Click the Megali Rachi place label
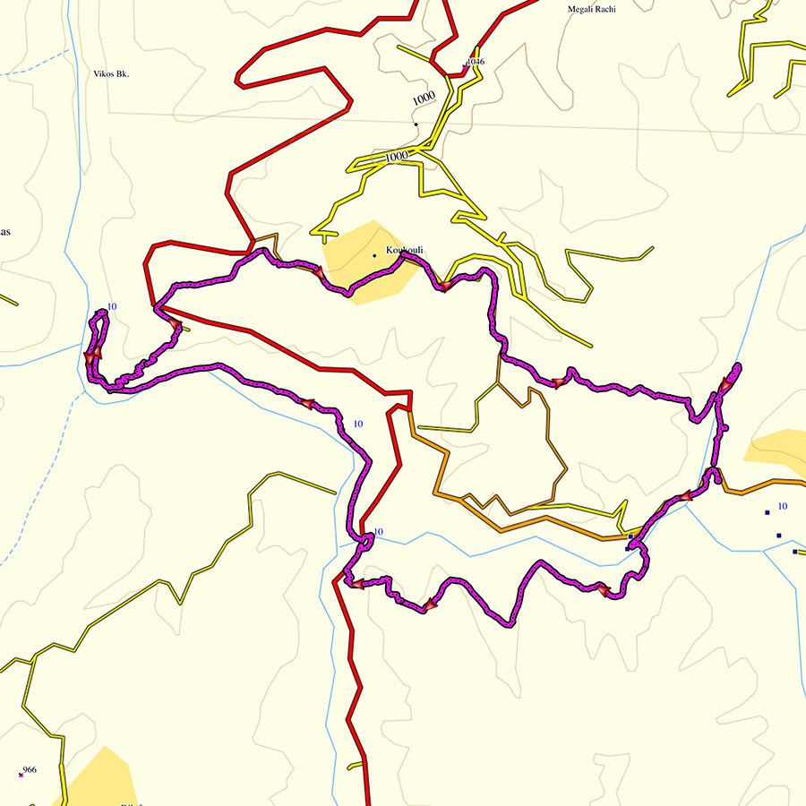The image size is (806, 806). pyautogui.click(x=592, y=10)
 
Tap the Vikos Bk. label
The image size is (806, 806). pyautogui.click(x=111, y=74)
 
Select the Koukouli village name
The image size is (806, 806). pyautogui.click(x=404, y=250)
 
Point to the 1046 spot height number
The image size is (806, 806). pyautogui.click(x=476, y=62)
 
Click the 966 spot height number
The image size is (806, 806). pyautogui.click(x=30, y=770)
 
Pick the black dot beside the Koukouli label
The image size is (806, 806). pyautogui.click(x=374, y=256)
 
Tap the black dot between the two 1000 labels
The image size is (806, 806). pyautogui.click(x=416, y=124)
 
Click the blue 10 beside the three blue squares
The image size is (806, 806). pyautogui.click(x=782, y=507)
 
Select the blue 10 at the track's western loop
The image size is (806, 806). pyautogui.click(x=112, y=307)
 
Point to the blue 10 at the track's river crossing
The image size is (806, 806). pyautogui.click(x=378, y=532)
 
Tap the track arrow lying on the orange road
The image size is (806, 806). pyautogui.click(x=685, y=495)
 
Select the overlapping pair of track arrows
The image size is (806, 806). pyautogui.click(x=92, y=356)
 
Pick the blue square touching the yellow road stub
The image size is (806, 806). pyautogui.click(x=631, y=536)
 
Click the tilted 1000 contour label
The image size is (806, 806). pyautogui.click(x=424, y=97)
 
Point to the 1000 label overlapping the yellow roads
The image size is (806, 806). pyautogui.click(x=396, y=157)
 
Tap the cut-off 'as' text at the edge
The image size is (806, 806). pyautogui.click(x=4, y=232)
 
